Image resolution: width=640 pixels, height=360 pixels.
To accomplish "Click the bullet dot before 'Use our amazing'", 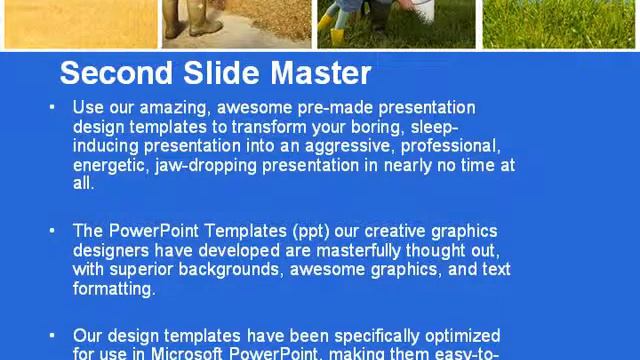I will (x=52, y=107).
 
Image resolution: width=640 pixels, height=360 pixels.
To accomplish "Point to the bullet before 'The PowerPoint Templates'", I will (x=52, y=231).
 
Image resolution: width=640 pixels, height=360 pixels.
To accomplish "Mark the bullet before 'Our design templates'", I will (x=52, y=336).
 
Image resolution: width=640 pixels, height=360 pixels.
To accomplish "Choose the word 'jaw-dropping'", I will (x=205, y=164).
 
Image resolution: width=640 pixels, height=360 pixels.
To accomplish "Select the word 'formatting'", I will (x=114, y=288).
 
